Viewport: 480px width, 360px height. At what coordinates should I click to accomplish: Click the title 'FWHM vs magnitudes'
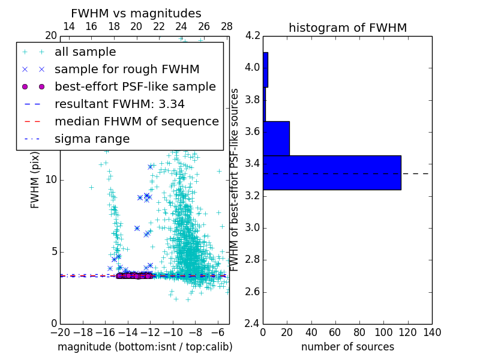[136, 13]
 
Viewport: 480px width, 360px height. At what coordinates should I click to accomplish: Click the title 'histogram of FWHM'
[347, 28]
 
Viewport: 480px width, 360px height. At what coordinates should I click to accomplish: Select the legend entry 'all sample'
[85, 52]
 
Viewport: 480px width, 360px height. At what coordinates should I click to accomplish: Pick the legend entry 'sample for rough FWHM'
[127, 70]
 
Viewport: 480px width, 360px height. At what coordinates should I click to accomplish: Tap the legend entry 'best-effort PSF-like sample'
[135, 87]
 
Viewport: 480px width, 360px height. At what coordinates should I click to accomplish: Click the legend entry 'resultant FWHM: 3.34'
[119, 104]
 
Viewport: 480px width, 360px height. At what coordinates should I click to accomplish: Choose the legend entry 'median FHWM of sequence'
[136, 122]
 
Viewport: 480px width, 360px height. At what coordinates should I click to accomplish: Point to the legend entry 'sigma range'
[92, 139]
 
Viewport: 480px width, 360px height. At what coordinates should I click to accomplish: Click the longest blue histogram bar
[332, 173]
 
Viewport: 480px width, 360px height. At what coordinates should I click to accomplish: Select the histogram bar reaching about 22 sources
[276, 139]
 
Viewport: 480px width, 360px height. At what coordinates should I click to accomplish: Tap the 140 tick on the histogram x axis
[432, 332]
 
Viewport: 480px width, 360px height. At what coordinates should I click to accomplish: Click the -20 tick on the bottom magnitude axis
[60, 332]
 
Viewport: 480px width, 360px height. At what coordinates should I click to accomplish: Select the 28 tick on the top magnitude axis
[227, 26]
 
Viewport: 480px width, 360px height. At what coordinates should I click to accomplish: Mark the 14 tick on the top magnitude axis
[69, 26]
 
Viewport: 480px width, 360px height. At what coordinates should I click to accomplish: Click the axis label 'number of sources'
[347, 347]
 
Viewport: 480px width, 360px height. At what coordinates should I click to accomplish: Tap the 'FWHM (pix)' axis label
[35, 179]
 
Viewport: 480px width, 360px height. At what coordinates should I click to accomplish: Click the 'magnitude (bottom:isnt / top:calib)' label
[145, 347]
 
